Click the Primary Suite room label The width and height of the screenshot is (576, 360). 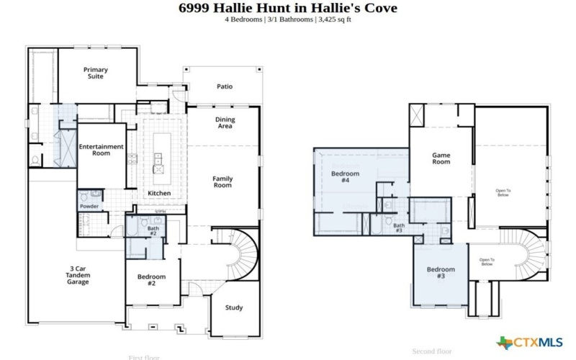[94, 73]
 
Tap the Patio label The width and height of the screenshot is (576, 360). [225, 86]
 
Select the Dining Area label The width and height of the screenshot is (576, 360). [225, 122]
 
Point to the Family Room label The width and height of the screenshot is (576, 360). [222, 181]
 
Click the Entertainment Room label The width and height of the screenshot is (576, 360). [101, 150]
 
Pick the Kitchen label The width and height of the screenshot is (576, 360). [158, 194]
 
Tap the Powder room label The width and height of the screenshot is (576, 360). [89, 207]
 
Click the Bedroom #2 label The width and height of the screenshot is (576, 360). [152, 279]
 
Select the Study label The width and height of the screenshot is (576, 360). [233, 307]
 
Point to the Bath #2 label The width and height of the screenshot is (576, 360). [153, 231]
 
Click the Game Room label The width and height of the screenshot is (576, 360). [441, 158]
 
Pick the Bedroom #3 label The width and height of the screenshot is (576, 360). [441, 272]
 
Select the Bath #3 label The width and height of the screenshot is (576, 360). [398, 228]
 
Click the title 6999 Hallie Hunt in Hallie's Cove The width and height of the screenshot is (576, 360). [287, 8]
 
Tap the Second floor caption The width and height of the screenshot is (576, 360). [432, 351]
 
